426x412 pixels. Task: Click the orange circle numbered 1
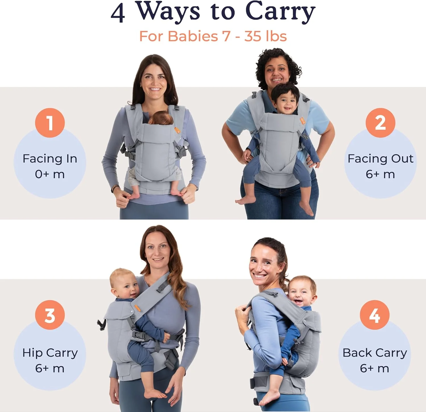[50, 123]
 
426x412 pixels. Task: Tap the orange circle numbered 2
[380, 123]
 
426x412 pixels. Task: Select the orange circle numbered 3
[50, 315]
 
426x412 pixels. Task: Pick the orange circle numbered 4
[375, 315]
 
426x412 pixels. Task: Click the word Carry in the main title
[280, 12]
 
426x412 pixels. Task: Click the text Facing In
[50, 158]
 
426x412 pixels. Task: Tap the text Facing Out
[380, 158]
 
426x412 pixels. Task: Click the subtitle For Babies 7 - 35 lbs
[213, 36]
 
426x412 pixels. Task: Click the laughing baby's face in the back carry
[301, 293]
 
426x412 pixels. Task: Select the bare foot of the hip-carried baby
[155, 394]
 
